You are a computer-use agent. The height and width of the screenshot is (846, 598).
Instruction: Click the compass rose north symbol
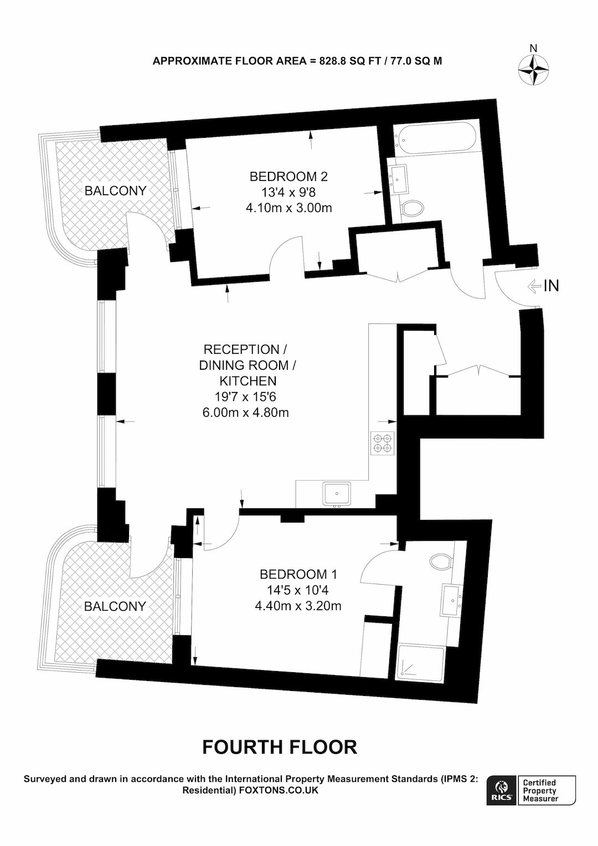coord(533,70)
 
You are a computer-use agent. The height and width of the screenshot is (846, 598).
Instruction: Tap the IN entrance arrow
coord(534,286)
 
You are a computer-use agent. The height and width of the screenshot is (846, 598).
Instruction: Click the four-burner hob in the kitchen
coord(382,443)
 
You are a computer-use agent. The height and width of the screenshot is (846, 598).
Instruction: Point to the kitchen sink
coord(337,494)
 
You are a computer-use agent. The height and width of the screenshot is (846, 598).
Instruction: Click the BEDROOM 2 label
coord(288,177)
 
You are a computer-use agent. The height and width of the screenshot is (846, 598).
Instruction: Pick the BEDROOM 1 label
coord(298,575)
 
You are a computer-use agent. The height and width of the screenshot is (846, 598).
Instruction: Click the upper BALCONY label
coord(115,190)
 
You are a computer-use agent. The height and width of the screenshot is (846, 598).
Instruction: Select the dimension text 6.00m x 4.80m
coord(245,412)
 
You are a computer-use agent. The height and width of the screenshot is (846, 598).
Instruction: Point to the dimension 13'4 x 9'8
coord(288,193)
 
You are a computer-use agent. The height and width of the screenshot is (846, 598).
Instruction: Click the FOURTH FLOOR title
coord(280,747)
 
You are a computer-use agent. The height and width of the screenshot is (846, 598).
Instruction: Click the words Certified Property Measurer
coord(540,791)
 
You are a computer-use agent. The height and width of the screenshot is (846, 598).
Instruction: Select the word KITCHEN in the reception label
coord(248,381)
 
